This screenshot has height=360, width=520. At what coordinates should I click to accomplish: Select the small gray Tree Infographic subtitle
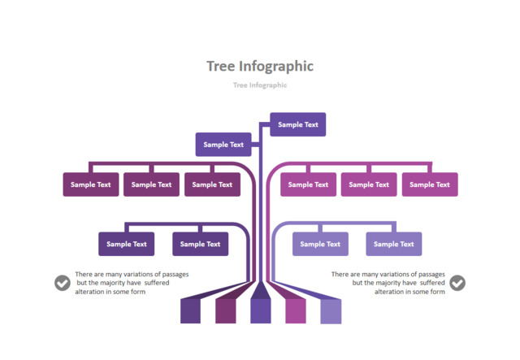pyautogui.click(x=260, y=85)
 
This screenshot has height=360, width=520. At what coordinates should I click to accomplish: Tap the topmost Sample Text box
pyautogui.click(x=298, y=125)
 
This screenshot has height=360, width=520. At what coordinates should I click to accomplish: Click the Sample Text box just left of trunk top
pyautogui.click(x=223, y=145)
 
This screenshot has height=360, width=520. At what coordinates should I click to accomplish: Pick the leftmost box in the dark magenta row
pyautogui.click(x=91, y=184)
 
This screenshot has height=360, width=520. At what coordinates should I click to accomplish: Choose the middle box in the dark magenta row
pyautogui.click(x=152, y=184)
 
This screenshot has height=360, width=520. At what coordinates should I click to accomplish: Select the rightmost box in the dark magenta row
pyautogui.click(x=212, y=184)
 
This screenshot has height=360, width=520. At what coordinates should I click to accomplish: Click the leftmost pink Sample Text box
pyautogui.click(x=309, y=184)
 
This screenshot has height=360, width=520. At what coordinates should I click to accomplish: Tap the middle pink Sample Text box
pyautogui.click(x=369, y=184)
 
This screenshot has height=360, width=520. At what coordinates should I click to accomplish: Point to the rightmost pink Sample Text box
pyautogui.click(x=430, y=184)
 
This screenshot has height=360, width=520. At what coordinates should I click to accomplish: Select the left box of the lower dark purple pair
pyautogui.click(x=127, y=244)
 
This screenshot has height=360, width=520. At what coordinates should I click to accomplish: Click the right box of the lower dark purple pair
pyautogui.click(x=200, y=244)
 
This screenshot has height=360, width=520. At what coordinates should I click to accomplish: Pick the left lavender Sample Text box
pyautogui.click(x=321, y=244)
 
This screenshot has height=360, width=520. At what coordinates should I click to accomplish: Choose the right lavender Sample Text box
pyautogui.click(x=393, y=244)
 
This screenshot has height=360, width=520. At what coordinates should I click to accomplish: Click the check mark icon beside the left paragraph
pyautogui.click(x=63, y=283)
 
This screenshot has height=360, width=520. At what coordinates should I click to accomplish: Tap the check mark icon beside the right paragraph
pyautogui.click(x=457, y=283)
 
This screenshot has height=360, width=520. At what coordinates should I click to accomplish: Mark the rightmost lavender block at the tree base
pyautogui.click(x=331, y=311)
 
